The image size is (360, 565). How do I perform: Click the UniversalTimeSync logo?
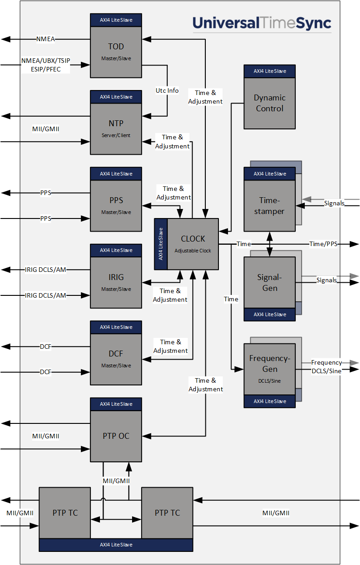tap(262, 23)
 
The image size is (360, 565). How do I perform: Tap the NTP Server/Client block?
tap(116, 128)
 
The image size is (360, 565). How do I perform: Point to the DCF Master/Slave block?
tap(116, 359)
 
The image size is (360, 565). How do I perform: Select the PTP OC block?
tap(116, 436)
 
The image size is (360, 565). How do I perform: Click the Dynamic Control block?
tap(270, 103)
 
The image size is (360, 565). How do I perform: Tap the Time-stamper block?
tap(270, 205)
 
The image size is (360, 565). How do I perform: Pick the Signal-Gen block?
tap(270, 283)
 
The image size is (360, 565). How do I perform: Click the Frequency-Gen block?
tap(270, 369)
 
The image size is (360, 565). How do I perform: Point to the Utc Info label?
tap(167, 90)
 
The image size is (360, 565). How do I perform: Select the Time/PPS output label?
tap(323, 244)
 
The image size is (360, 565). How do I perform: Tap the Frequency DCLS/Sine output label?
tap(327, 367)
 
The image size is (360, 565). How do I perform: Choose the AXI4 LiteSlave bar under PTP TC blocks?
tap(116, 545)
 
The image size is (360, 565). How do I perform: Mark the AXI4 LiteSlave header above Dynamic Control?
tap(270, 71)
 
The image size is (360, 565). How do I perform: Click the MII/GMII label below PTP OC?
tap(116, 481)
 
